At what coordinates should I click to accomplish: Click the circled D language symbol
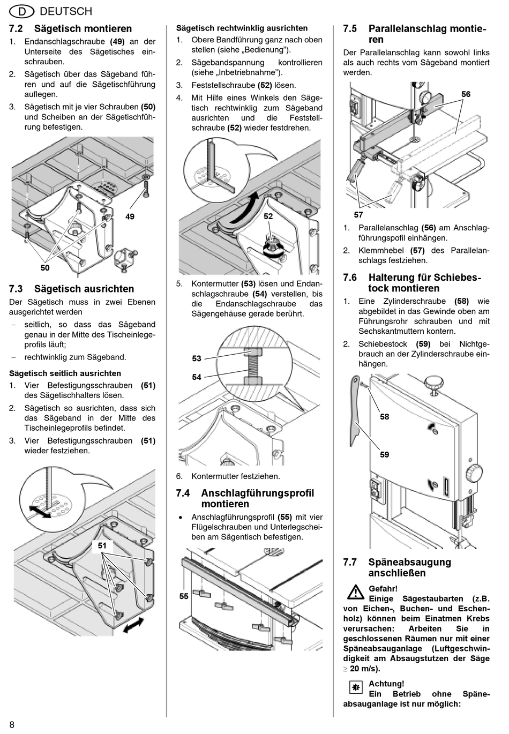coord(21,11)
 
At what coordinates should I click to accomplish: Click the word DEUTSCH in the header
coord(66,11)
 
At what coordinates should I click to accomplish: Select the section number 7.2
coord(16,28)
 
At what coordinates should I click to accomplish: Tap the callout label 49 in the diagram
coord(130,216)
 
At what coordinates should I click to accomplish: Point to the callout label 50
coord(45,267)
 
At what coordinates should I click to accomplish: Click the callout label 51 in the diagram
coord(102,545)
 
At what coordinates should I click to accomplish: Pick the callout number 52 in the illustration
coord(268,216)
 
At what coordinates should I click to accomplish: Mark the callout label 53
coord(197,358)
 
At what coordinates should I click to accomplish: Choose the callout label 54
coord(197,377)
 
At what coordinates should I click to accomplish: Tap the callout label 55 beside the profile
coord(184,596)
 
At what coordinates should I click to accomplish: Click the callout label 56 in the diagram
coord(466,94)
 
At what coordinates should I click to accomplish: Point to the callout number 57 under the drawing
coord(358,215)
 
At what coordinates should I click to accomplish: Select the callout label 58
coord(384,416)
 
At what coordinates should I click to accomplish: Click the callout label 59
coord(384,454)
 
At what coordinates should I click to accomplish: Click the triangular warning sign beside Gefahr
coord(355,593)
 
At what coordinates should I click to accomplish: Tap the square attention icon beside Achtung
coord(355,687)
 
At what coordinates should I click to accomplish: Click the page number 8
coord(11,724)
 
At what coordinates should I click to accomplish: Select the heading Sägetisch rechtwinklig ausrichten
coord(242,28)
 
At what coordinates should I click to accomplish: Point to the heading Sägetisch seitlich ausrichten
coord(65,373)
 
